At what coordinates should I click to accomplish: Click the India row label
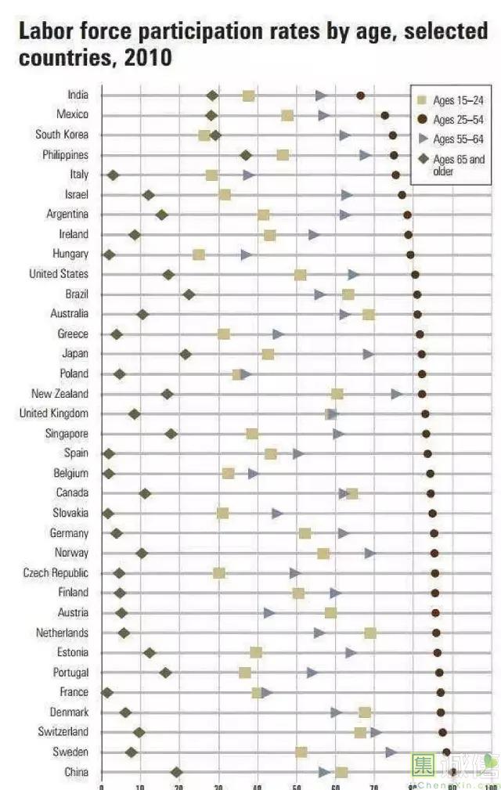click(77, 95)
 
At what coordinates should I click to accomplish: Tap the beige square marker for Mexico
click(287, 115)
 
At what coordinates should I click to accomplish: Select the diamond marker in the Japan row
click(186, 355)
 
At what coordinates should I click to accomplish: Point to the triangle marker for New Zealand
click(397, 394)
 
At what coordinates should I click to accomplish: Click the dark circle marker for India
click(360, 96)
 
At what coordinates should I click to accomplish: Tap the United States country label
click(59, 274)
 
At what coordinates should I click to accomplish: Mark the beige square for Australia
click(368, 314)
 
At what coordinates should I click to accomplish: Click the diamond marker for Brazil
click(189, 294)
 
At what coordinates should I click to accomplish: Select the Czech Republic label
click(56, 573)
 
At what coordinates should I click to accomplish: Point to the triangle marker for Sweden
click(391, 752)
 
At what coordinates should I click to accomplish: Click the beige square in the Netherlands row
click(369, 633)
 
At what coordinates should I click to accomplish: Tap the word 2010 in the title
click(146, 58)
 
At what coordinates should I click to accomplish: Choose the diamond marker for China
click(176, 773)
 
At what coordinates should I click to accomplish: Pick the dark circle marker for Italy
click(395, 175)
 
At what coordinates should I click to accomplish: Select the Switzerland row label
click(63, 732)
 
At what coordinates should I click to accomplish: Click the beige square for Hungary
click(199, 254)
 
